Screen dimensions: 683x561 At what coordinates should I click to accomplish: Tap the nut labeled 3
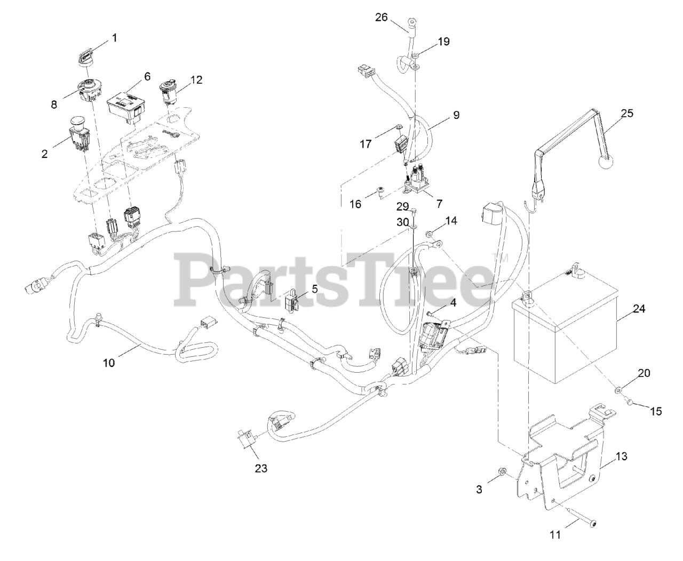click(x=503, y=471)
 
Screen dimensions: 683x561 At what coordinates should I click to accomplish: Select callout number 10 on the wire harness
click(x=109, y=363)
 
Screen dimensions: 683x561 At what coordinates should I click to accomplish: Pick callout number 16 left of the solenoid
click(x=355, y=204)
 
